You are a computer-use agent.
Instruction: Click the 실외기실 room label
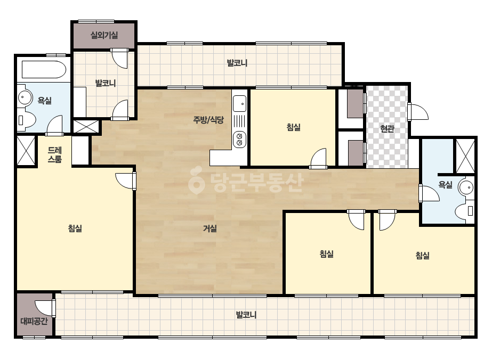coord(104,35)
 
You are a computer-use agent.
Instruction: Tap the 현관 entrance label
coord(387,128)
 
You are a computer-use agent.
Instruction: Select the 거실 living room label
coord(210,228)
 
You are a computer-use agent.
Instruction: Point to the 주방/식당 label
coord(208,119)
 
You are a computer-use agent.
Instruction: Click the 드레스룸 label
coord(54,154)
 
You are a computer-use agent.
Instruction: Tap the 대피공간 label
coord(34,321)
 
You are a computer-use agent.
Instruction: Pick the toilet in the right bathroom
coord(465,211)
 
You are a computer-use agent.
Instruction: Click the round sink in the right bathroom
coord(466,187)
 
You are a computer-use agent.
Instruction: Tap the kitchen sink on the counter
coord(240,103)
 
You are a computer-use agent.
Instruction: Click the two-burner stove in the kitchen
coord(239,140)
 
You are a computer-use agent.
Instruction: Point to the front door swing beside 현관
coord(418,111)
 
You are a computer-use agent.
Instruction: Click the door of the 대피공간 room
coord(45,308)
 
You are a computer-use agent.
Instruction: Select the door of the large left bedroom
coord(125,181)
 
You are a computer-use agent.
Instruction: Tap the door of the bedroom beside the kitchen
coord(318,158)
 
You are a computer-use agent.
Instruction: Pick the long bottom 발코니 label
coord(246,315)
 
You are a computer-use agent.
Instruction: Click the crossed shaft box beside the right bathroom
coord(465,156)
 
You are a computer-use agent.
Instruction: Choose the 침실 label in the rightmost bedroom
coord(422,255)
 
